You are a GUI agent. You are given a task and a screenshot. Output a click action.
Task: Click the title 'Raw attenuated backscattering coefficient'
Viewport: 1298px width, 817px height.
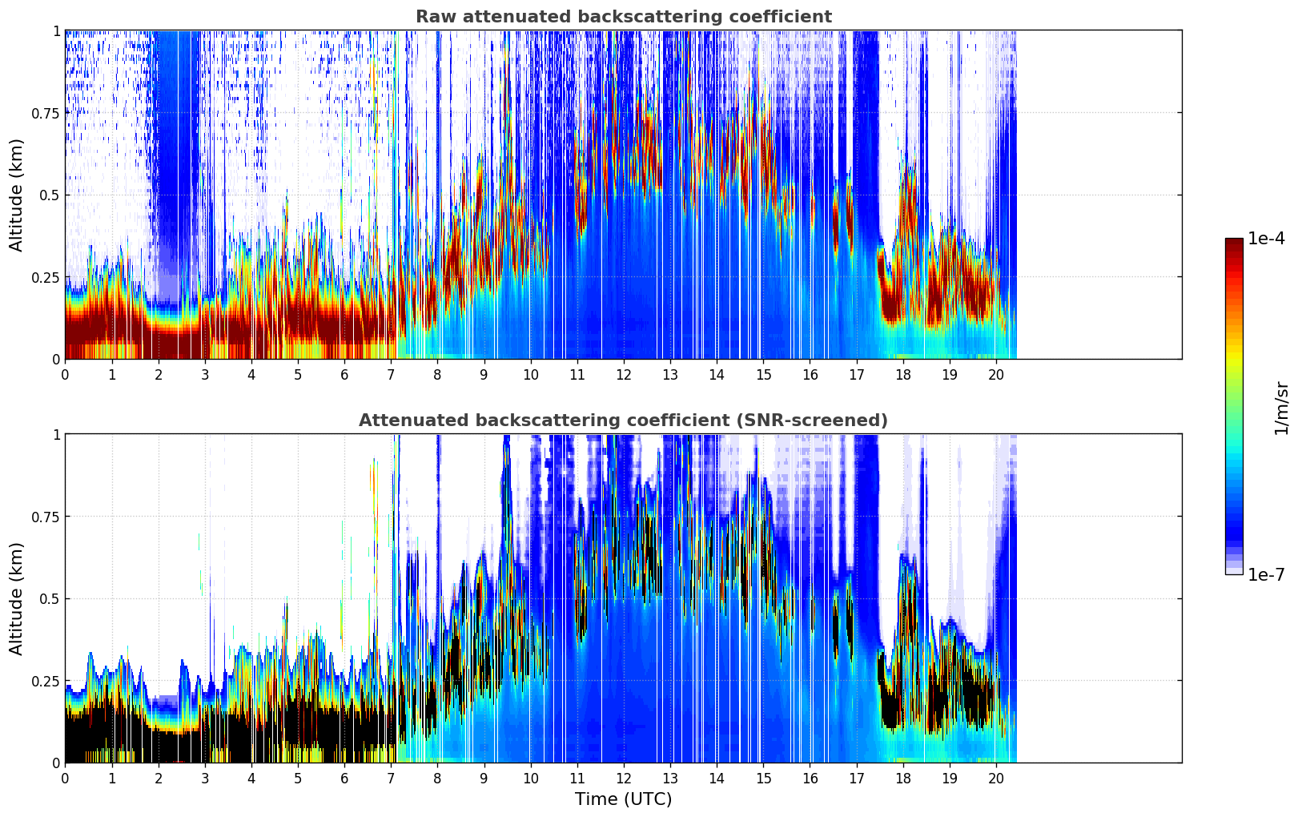pos(623,17)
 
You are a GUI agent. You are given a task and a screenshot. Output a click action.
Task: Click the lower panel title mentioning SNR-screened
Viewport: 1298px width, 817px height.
pos(623,421)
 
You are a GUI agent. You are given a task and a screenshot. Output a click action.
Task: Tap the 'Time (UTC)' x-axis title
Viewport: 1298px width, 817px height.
pos(623,799)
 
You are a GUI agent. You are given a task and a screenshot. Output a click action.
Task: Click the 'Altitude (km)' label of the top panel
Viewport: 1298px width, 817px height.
pos(17,195)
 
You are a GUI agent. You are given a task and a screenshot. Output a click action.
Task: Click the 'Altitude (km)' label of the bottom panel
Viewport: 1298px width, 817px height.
pos(17,598)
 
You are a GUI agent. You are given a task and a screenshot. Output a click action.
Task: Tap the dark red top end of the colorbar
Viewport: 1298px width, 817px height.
pos(1233,242)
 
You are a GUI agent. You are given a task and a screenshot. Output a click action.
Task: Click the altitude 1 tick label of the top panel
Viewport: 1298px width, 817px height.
pos(57,30)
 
